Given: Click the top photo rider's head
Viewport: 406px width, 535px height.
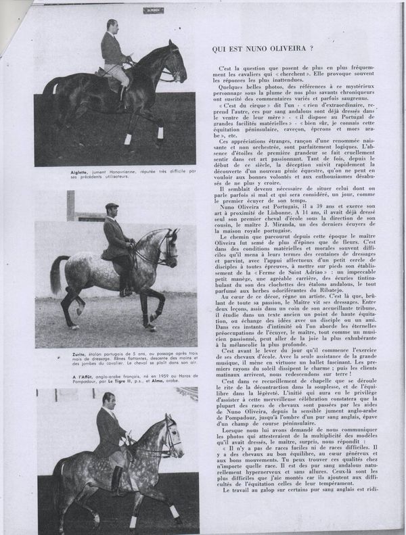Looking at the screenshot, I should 111,26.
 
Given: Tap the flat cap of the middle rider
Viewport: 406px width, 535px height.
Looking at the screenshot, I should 112,206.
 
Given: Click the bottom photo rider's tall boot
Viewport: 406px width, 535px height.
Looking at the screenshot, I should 116,480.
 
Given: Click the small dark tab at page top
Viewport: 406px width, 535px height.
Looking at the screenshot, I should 154,10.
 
